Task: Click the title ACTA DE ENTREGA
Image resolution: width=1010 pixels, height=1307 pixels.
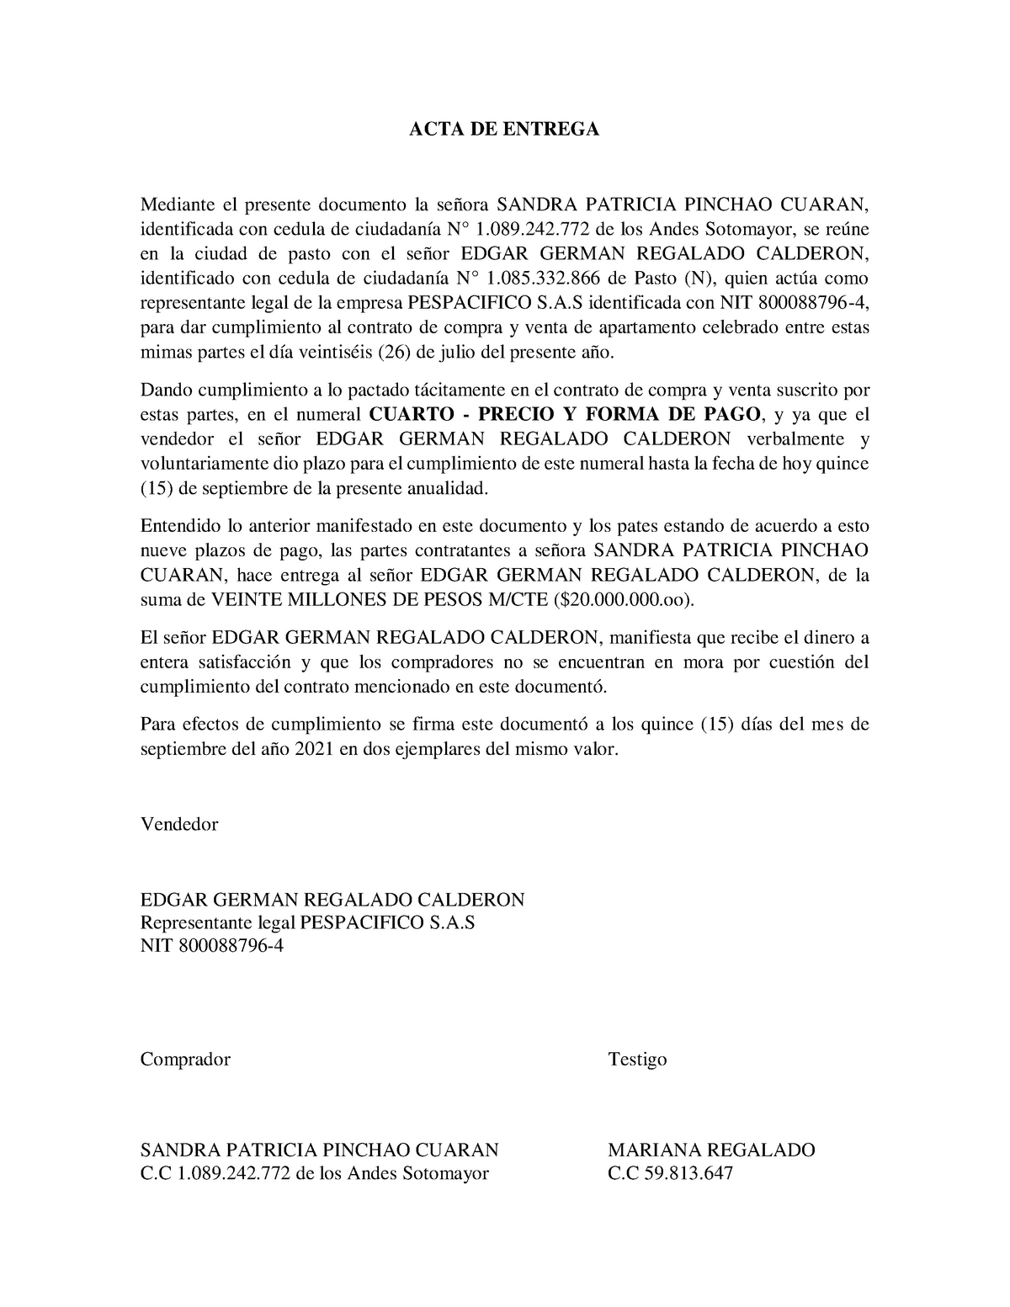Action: pyautogui.click(x=504, y=129)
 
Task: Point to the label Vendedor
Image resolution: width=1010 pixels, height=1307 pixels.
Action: pyautogui.click(x=179, y=824)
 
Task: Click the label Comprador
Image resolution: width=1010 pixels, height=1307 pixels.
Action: pyautogui.click(x=185, y=1059)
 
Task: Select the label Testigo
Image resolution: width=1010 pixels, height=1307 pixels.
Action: pyautogui.click(x=637, y=1059)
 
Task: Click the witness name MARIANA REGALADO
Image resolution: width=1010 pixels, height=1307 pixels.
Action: pyautogui.click(x=711, y=1150)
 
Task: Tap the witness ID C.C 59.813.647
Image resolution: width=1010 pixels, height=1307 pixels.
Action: pyautogui.click(x=671, y=1172)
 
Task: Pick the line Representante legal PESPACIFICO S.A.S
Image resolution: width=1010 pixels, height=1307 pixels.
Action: pyautogui.click(x=307, y=922)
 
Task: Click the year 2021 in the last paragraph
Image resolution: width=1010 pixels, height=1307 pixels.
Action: pyautogui.click(x=313, y=748)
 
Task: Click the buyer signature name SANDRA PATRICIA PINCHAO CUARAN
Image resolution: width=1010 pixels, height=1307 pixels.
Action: pyautogui.click(x=319, y=1150)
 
